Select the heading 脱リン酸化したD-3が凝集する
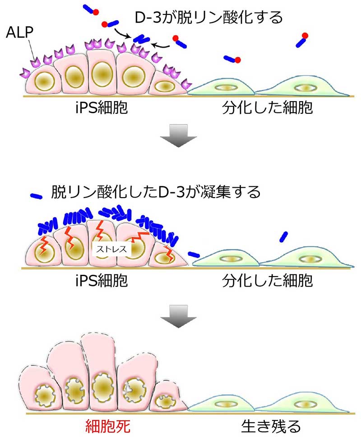tap(156, 192)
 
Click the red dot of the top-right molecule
tap(305, 35)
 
